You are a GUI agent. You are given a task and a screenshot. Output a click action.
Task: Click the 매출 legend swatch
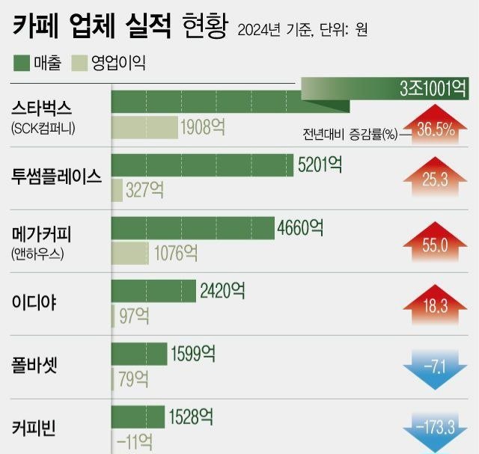click(x=22, y=63)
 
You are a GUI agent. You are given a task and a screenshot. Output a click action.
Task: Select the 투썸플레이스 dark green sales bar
click(x=202, y=165)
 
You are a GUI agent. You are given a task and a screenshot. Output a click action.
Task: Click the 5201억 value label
click(x=320, y=165)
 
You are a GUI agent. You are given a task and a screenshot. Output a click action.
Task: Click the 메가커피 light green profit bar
click(x=130, y=252)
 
